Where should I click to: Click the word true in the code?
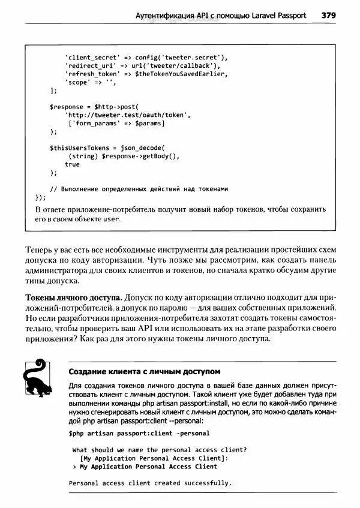[x=72, y=164]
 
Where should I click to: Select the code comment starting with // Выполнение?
[x=139, y=188]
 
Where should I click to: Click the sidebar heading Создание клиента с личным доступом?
[x=140, y=371]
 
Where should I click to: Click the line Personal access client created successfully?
[x=149, y=483]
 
